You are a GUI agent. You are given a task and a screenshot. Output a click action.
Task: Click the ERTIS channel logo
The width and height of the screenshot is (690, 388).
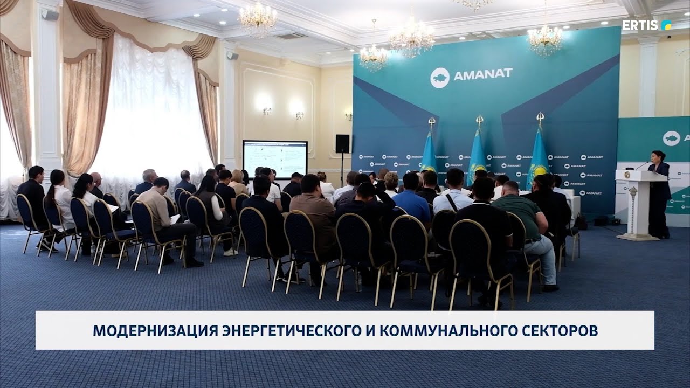tap(646, 25)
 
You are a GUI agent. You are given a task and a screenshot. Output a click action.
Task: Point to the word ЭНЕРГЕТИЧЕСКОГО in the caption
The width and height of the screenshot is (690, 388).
tap(289, 331)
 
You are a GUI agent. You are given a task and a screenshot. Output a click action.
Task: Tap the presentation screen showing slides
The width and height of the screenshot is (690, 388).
tap(275, 159)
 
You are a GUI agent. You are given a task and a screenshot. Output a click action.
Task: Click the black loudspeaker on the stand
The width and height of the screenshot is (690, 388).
tap(342, 144)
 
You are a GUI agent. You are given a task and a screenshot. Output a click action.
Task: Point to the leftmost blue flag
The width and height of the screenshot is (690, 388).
tap(429, 154)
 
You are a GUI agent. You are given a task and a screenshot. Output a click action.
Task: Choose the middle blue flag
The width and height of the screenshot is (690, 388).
tap(477, 154)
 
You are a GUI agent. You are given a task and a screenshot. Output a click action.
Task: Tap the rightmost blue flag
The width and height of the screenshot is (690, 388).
tap(538, 154)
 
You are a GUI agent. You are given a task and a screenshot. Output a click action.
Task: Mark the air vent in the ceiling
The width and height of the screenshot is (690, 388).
tap(292, 36)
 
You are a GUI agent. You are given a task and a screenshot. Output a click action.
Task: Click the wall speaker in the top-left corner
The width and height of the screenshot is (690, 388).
tap(50, 15)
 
